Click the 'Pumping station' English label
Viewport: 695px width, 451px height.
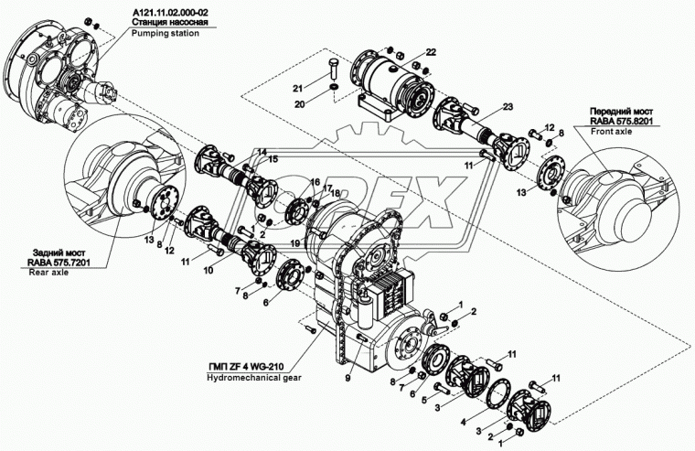[168, 31]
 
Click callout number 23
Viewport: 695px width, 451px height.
[482, 105]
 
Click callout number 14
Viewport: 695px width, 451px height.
[261, 152]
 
